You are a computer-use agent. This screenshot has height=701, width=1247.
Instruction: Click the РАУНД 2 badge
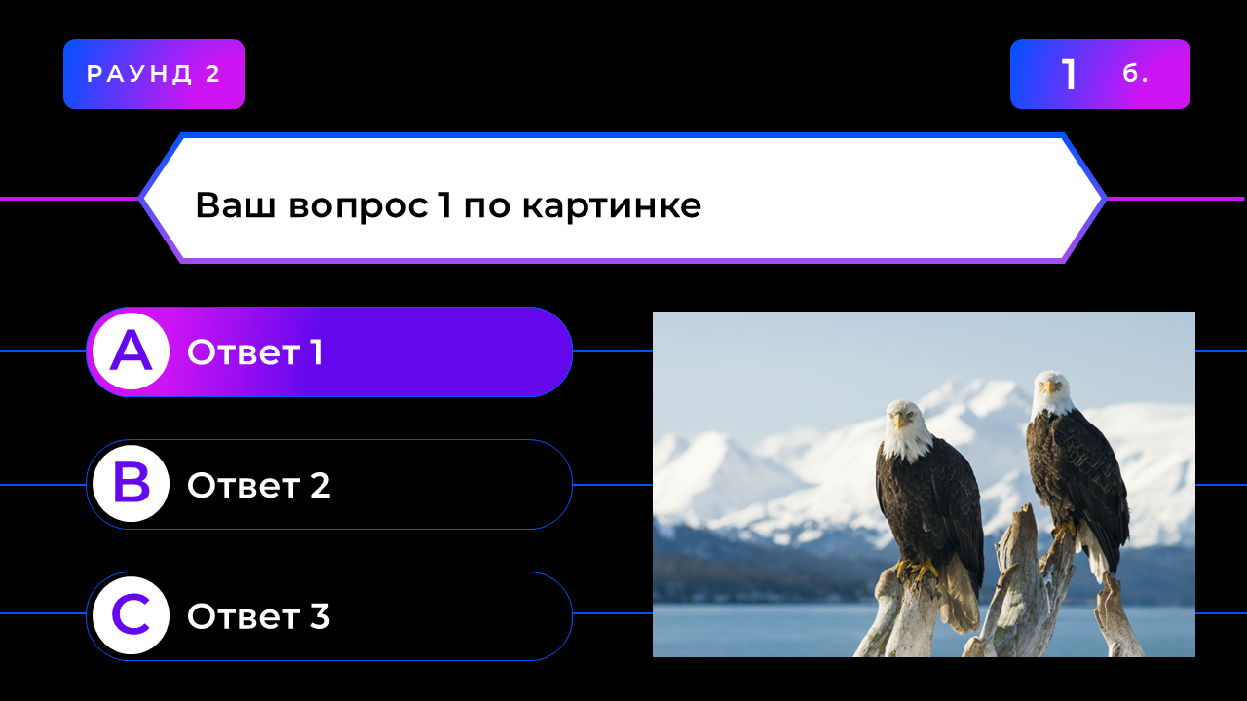(x=154, y=74)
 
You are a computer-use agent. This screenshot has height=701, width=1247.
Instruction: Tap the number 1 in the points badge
(x=1069, y=74)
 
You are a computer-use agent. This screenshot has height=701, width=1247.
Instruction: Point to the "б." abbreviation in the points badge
(x=1135, y=73)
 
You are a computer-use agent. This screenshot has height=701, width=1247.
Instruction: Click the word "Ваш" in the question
(x=236, y=204)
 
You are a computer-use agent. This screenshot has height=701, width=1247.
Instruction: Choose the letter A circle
(x=131, y=351)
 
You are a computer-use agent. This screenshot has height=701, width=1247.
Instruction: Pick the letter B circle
(x=131, y=484)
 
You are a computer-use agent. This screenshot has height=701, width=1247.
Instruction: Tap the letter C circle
(x=131, y=615)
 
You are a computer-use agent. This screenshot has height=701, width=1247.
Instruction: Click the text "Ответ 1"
(x=255, y=352)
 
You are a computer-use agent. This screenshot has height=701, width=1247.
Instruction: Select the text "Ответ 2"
(x=259, y=485)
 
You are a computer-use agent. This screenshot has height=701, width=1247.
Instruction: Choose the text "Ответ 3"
(x=259, y=616)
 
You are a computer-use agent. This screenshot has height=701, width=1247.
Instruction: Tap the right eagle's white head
(x=1052, y=394)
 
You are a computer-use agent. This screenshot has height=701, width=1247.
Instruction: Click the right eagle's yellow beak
(x=1049, y=387)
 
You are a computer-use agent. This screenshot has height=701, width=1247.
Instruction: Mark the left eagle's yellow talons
(x=918, y=571)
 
